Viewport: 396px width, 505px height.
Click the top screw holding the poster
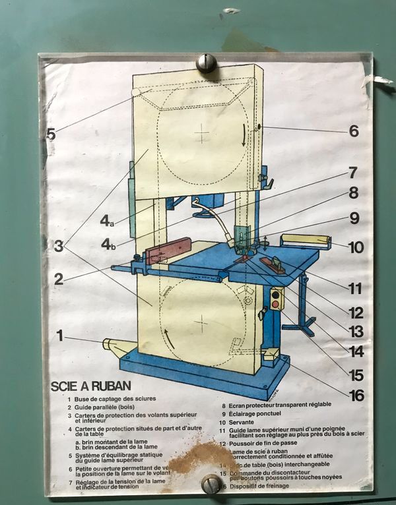(x=206, y=63)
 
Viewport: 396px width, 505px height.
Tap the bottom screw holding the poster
(x=211, y=485)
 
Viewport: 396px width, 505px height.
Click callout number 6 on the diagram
(x=354, y=131)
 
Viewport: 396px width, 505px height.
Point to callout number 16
(x=357, y=396)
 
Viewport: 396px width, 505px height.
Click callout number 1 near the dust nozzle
(x=59, y=336)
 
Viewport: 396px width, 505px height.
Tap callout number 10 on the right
(x=356, y=249)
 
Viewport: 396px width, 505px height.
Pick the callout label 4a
(x=107, y=222)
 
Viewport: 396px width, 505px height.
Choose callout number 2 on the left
(x=59, y=280)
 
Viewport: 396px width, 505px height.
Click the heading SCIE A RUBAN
(x=90, y=386)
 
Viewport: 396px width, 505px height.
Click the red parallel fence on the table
(x=169, y=251)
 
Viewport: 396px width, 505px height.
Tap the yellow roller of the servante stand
(x=306, y=240)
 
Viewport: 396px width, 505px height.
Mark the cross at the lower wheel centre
(x=202, y=322)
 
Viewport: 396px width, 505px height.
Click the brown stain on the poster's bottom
(x=193, y=458)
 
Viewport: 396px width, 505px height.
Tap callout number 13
(x=356, y=332)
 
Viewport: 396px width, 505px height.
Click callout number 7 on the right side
(x=352, y=173)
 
